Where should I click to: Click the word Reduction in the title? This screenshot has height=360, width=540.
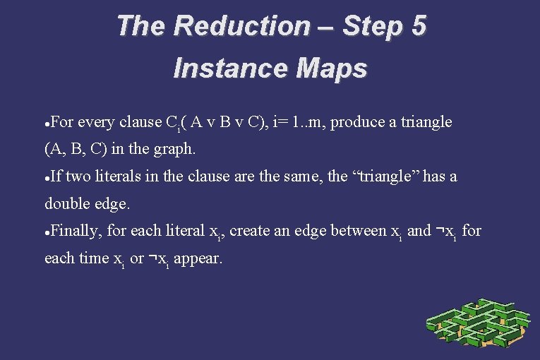pyautogui.click(x=241, y=26)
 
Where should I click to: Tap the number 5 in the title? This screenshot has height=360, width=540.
pyautogui.click(x=417, y=26)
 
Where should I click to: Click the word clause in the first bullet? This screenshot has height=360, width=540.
pyautogui.click(x=141, y=122)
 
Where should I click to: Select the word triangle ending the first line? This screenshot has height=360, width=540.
pyautogui.click(x=425, y=122)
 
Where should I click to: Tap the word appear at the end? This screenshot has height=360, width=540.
pyautogui.click(x=198, y=258)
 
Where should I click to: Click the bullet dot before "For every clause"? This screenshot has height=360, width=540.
pyautogui.click(x=47, y=124)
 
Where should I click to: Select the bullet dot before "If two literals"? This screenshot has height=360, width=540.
pyautogui.click(x=47, y=178)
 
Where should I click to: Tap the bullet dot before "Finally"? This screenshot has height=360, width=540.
pyautogui.click(x=47, y=232)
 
